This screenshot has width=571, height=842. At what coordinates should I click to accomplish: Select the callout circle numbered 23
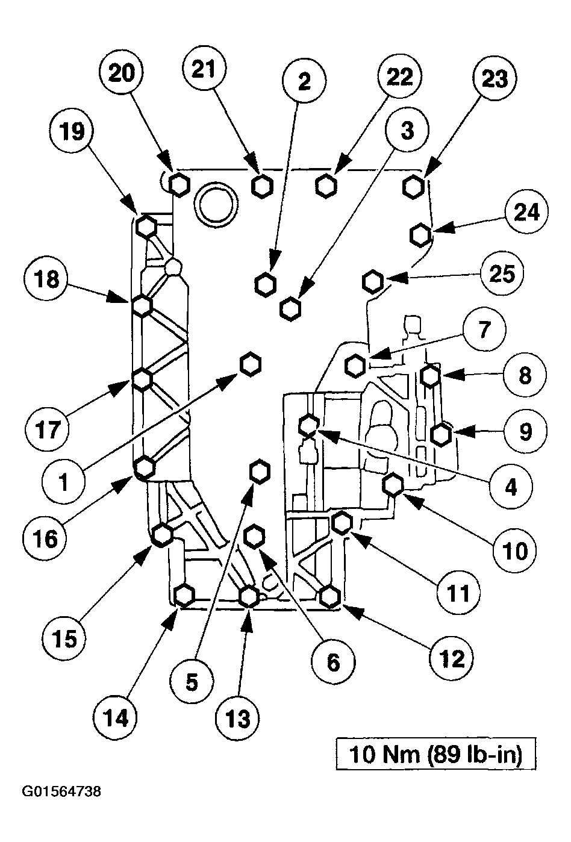point(495,79)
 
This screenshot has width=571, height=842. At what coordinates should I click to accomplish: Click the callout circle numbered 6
point(333,663)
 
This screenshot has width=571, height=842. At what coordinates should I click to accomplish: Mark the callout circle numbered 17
point(48,429)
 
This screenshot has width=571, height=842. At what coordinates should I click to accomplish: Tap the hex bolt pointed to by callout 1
point(251,364)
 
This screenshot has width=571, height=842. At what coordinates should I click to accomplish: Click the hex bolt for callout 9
point(442,434)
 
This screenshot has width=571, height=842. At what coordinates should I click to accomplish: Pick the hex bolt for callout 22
point(325,186)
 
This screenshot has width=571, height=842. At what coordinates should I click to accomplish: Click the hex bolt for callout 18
point(142,305)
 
